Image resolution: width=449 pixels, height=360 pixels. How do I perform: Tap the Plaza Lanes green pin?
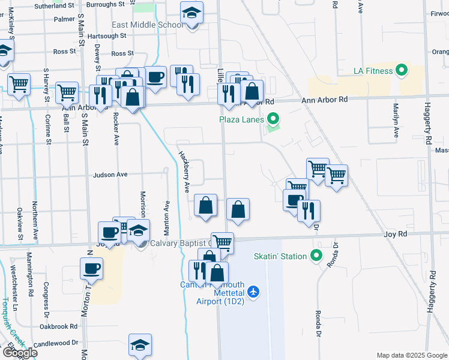[x=273, y=119]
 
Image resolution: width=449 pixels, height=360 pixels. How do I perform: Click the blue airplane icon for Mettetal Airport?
[x=253, y=291]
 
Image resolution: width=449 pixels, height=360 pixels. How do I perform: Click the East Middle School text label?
[x=148, y=25]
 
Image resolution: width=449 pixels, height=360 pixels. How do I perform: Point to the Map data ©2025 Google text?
[x=412, y=355]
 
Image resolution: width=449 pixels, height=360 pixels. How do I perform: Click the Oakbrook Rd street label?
[x=58, y=327]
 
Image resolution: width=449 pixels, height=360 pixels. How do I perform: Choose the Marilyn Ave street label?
[x=396, y=121]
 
